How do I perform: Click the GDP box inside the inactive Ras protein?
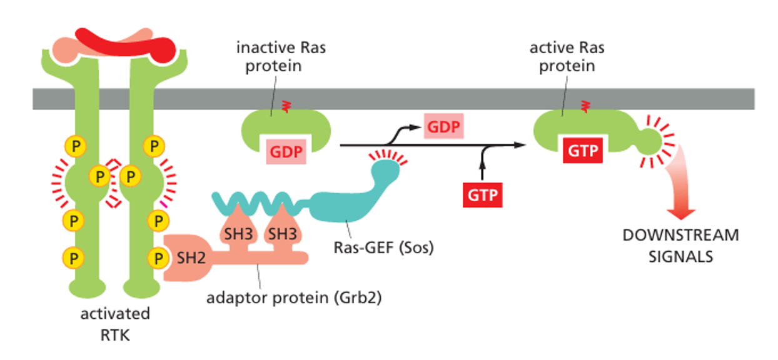(286, 151)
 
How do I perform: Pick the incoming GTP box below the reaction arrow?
(483, 194)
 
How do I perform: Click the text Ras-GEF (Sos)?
(382, 247)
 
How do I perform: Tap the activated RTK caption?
(114, 324)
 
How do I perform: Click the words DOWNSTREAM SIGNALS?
(680, 246)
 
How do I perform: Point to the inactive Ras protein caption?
(281, 56)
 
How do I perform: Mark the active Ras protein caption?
(567, 56)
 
